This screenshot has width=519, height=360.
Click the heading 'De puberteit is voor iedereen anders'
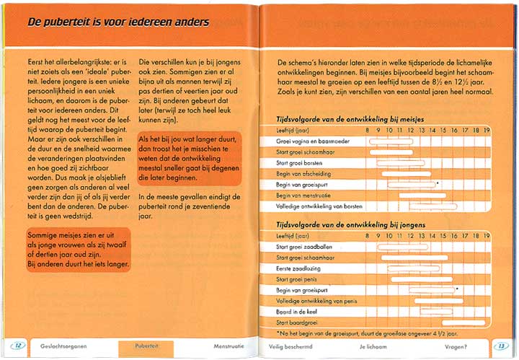coord(118,22)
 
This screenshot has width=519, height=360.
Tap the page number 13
coord(501,346)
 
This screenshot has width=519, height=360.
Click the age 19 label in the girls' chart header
coord(487,131)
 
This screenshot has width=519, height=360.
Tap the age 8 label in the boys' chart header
coord(367,236)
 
